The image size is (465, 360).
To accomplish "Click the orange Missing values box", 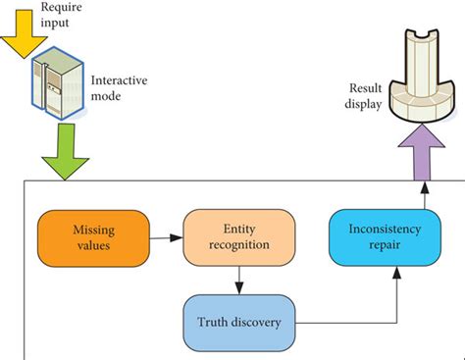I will [92, 236].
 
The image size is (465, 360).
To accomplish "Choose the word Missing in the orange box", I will [92, 229].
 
